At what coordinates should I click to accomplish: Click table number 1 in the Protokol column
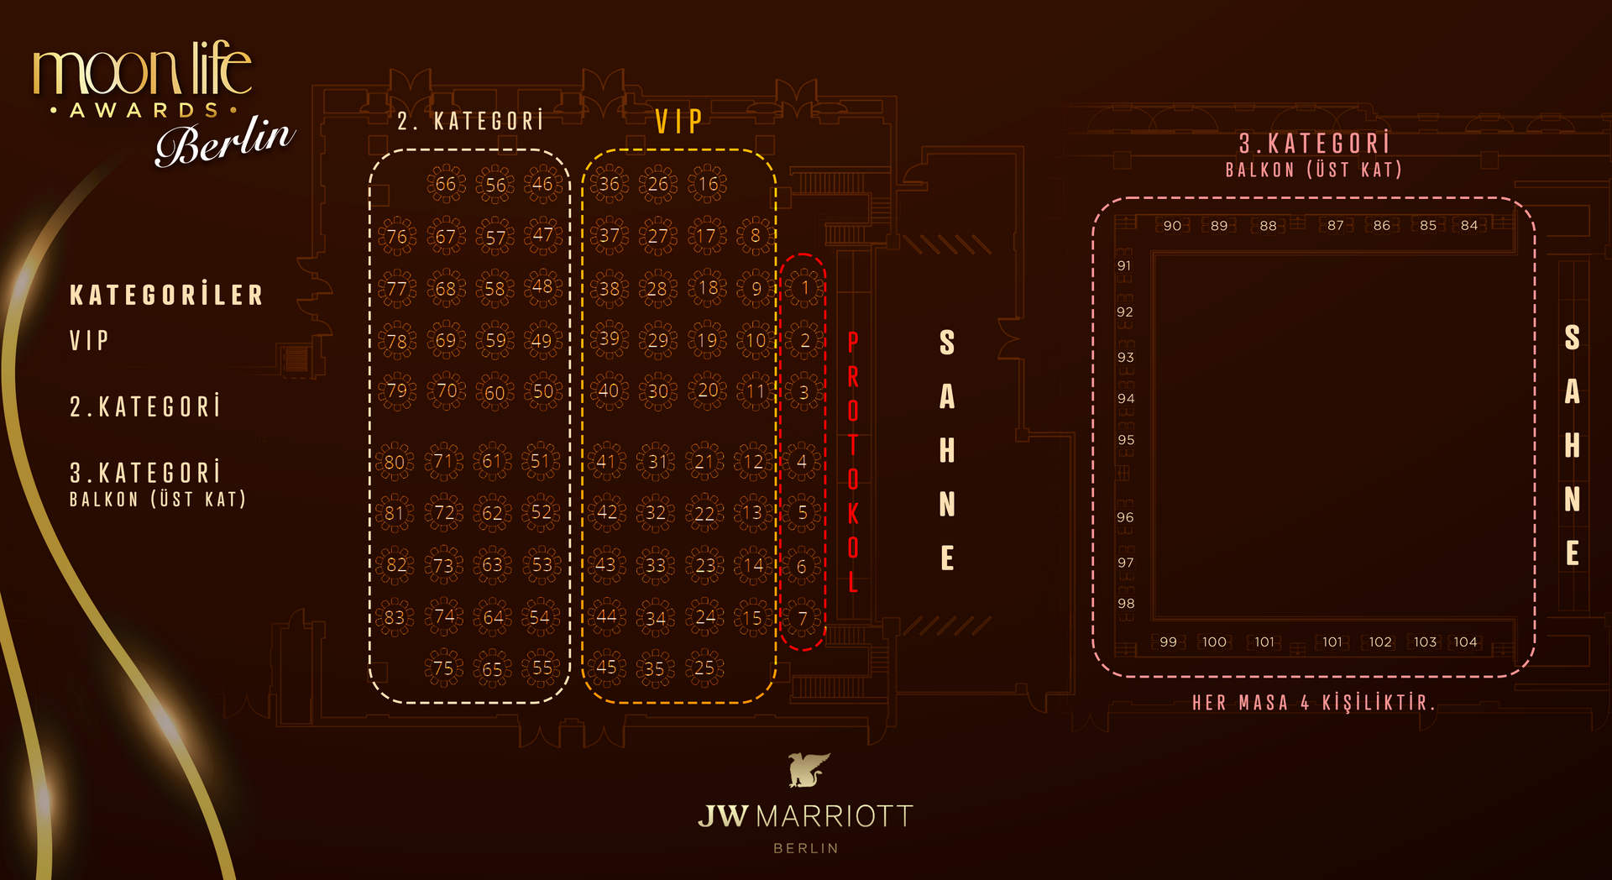[x=804, y=288]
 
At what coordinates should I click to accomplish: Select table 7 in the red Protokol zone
[x=803, y=619]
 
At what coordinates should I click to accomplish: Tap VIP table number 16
[x=709, y=184]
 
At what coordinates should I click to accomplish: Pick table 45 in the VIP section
[x=606, y=668]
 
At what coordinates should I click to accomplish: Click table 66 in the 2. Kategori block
[x=445, y=184]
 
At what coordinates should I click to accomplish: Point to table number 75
[x=443, y=668]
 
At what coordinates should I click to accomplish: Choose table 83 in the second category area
[x=395, y=618]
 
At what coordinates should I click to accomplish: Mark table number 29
[x=658, y=340]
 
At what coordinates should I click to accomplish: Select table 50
[x=542, y=391]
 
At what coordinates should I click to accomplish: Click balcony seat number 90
[x=1172, y=226]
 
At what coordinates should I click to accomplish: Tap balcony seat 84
[x=1469, y=225]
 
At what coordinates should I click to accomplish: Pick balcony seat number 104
[x=1465, y=642]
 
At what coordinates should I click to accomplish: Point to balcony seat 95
[x=1126, y=440]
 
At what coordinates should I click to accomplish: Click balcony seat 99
[x=1168, y=642]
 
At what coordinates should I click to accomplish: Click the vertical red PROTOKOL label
[x=853, y=462]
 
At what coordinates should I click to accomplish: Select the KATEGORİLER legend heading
[x=166, y=296]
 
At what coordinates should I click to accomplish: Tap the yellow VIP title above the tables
[x=678, y=122]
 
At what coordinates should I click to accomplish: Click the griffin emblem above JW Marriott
[x=808, y=770]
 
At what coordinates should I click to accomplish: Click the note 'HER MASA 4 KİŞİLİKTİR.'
[x=1313, y=703]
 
